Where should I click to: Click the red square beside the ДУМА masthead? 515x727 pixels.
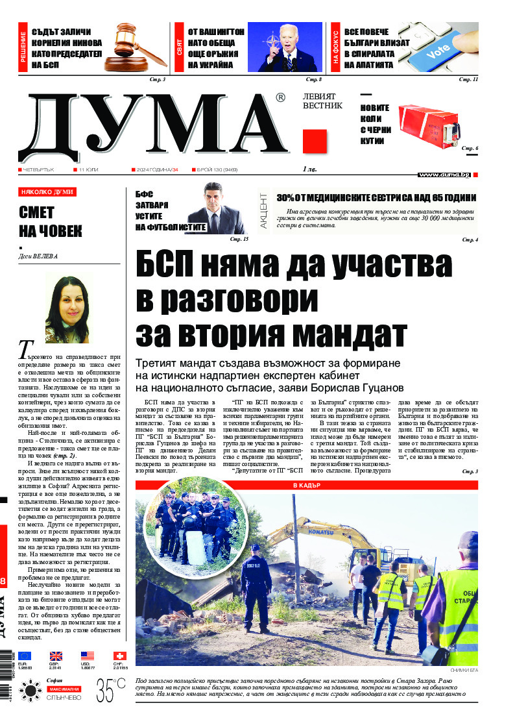click(315, 141)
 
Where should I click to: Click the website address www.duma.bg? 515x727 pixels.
click(444, 175)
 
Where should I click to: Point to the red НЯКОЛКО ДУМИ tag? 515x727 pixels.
click(47, 192)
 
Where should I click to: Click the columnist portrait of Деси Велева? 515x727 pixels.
click(67, 309)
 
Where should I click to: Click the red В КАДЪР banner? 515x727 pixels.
click(306, 485)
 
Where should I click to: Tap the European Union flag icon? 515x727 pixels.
click(25, 656)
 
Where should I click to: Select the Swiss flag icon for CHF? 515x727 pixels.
click(119, 656)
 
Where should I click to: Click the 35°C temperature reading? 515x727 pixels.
click(111, 689)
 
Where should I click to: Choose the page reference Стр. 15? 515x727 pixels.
click(239, 240)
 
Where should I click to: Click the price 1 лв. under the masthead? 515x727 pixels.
click(309, 170)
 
